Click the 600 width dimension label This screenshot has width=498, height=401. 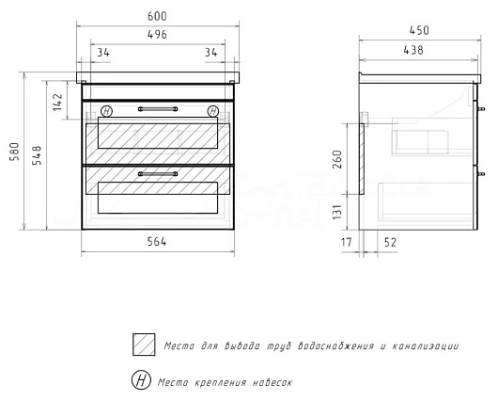tap(157, 16)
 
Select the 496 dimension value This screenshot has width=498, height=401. tap(157, 35)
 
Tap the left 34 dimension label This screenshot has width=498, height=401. tap(103, 52)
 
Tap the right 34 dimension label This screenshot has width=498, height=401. tap(211, 52)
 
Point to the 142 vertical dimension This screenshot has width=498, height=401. tap(58, 102)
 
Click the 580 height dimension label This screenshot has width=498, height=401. tap(14, 152)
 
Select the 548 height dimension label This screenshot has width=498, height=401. tap(37, 155)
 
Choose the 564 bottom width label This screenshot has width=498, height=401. tap(157, 242)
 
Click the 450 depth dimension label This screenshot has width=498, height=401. tap(419, 30)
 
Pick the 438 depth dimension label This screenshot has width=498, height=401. tap(413, 50)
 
